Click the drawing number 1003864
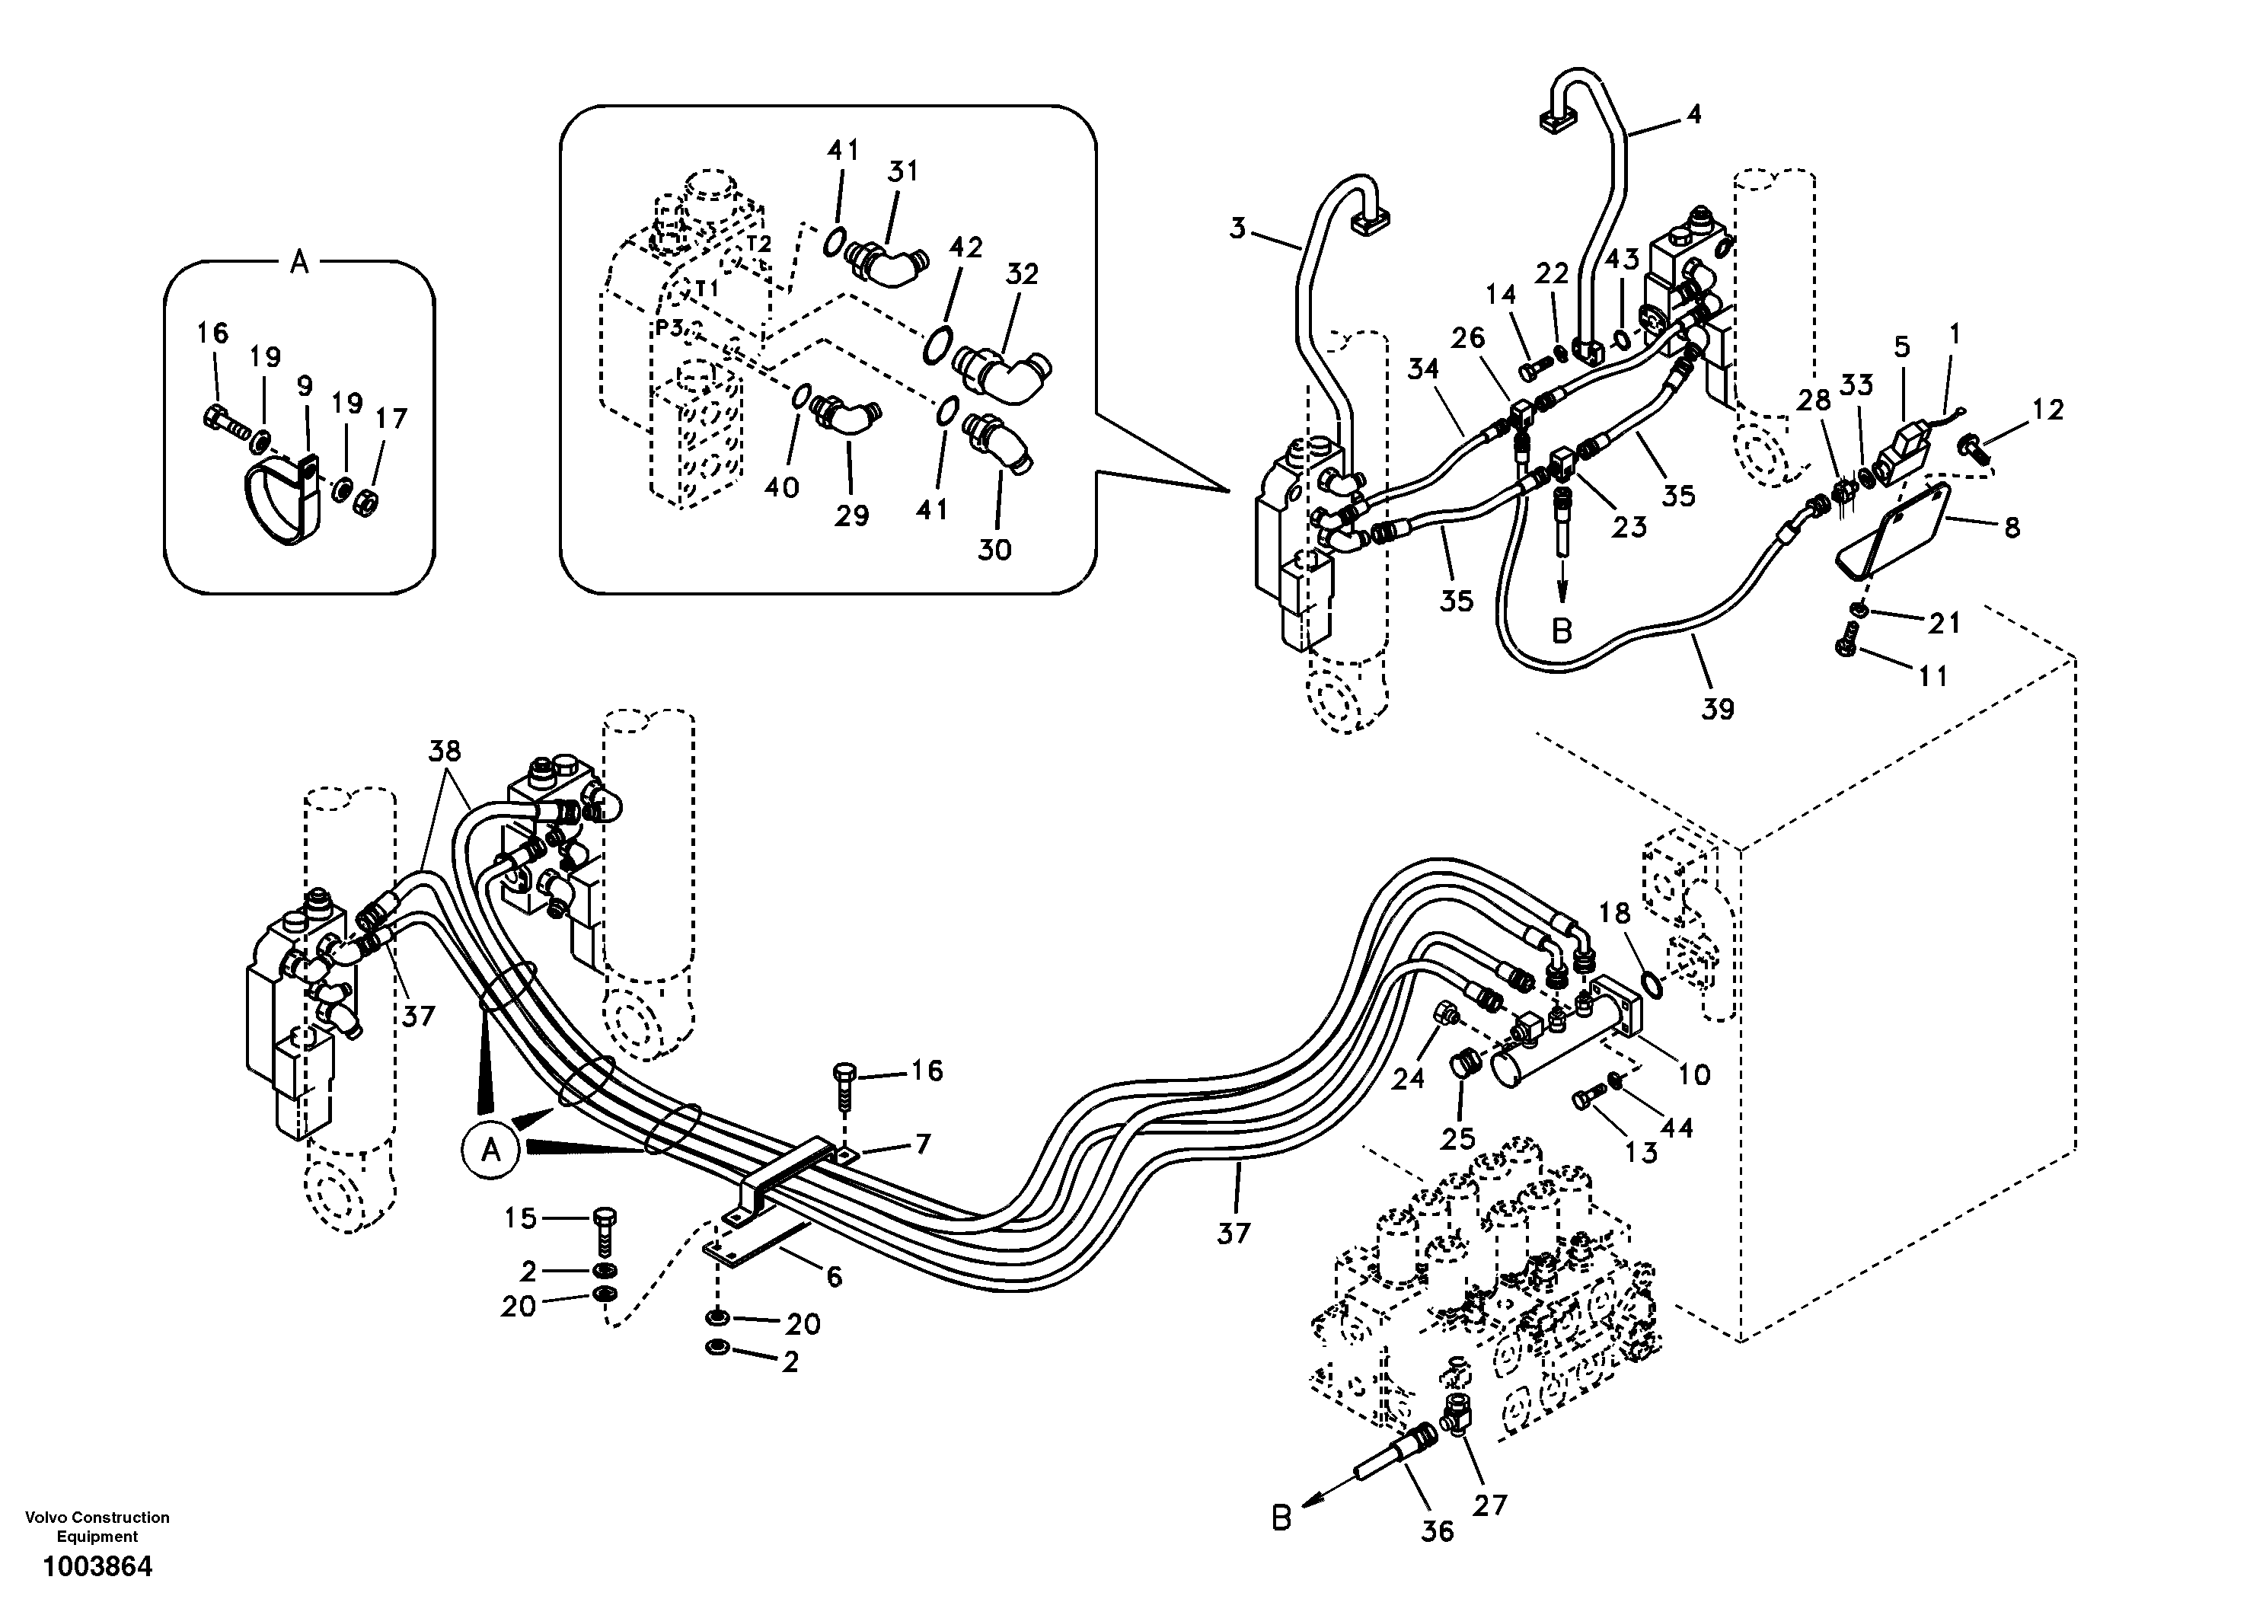97,1566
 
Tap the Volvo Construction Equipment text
97,1526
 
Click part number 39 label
1717,709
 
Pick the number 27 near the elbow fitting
1490,1505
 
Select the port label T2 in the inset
758,244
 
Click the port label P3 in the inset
669,327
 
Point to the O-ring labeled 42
937,344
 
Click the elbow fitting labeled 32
1002,376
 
